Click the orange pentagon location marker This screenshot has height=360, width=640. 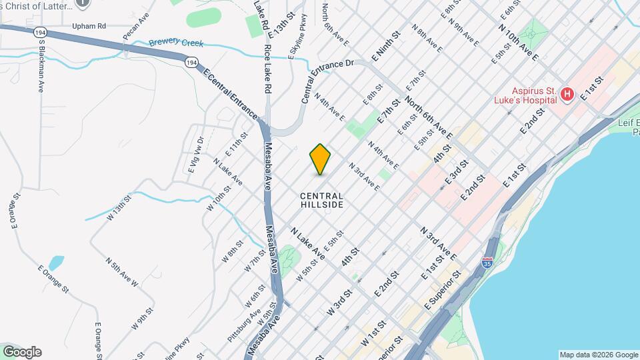320,159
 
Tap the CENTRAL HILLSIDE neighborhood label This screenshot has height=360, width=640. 321,200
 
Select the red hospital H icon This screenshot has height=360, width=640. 567,95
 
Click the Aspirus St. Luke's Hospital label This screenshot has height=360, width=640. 525,95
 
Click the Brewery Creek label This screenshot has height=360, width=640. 176,43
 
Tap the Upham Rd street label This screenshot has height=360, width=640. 89,26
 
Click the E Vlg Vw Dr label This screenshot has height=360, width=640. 195,154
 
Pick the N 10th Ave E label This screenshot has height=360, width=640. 518,43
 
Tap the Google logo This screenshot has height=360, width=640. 22,352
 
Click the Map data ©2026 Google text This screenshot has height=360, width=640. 598,355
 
